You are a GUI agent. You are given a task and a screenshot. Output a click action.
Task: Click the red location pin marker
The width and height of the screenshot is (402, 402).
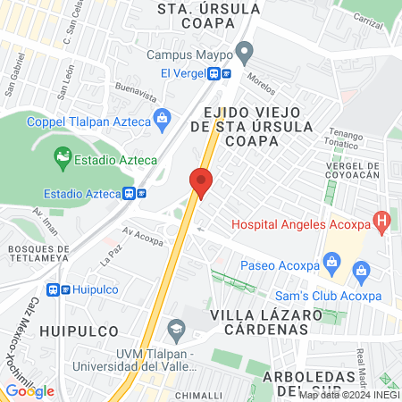(x=201, y=182)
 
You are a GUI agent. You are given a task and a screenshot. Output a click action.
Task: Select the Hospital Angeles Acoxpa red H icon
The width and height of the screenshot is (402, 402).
(x=382, y=220)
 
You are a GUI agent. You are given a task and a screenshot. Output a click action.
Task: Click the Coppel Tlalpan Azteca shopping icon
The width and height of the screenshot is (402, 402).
(x=162, y=115)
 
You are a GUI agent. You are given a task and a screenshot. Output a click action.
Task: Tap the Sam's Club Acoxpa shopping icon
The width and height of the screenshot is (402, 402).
(x=361, y=269)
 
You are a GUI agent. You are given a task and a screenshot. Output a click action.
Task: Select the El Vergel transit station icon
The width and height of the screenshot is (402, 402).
(x=220, y=74)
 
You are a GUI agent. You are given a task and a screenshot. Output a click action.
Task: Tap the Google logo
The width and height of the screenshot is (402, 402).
(x=29, y=390)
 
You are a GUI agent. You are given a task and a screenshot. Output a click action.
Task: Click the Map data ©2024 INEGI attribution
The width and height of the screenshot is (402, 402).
(x=348, y=394)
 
